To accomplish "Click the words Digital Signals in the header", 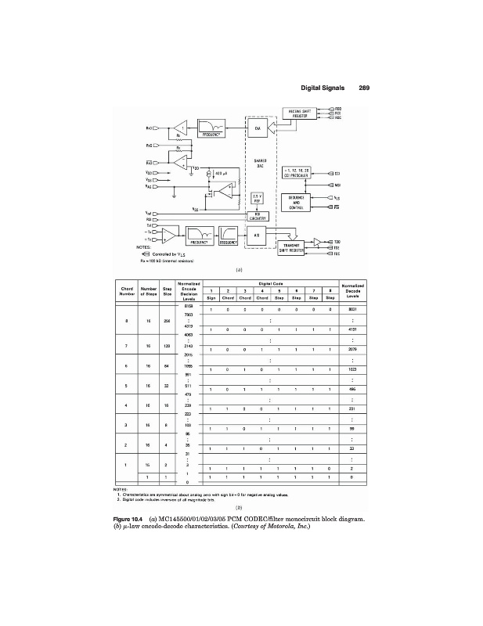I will pos(321,88).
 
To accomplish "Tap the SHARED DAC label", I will pos(261,164).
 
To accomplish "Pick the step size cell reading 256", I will pos(168,320).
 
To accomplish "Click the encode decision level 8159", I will pos(188,304).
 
